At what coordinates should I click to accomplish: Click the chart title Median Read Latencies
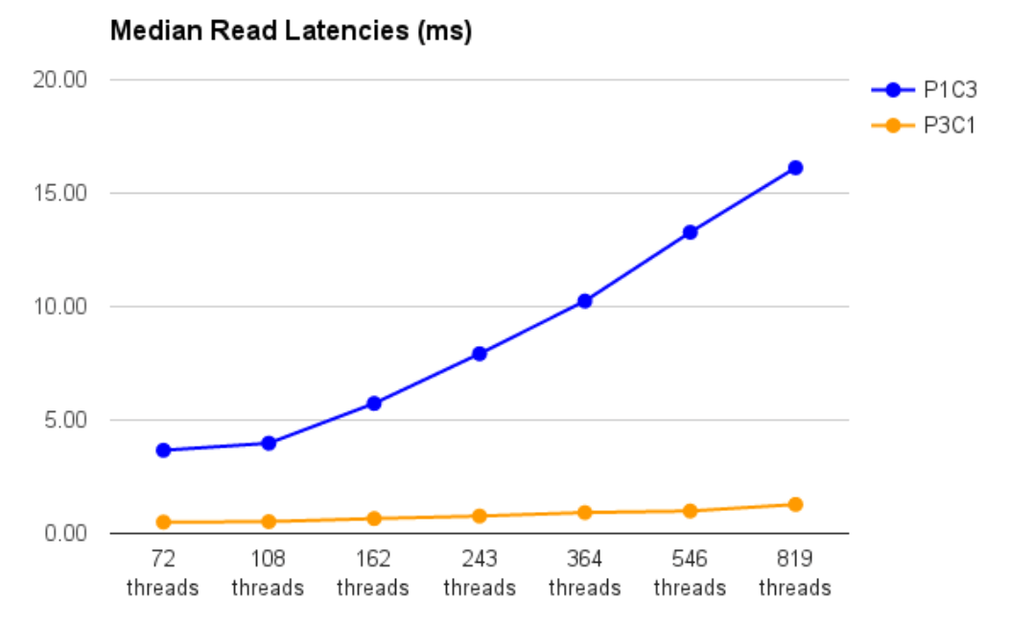(x=292, y=32)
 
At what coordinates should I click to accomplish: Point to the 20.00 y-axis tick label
(x=59, y=80)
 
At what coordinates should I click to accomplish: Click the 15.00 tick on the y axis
(x=59, y=193)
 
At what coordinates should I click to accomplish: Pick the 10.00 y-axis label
(x=59, y=307)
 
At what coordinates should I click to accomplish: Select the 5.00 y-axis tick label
(x=64, y=420)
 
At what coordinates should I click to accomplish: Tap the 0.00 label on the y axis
(x=64, y=533)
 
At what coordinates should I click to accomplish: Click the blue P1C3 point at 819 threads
(x=795, y=168)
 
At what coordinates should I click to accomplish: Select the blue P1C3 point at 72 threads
(x=163, y=450)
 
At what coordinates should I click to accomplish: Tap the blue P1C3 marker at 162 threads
(x=374, y=404)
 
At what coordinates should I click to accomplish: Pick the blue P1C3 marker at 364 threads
(x=585, y=301)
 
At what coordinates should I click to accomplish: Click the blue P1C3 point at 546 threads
(x=690, y=232)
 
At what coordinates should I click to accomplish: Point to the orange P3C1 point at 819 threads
(x=795, y=504)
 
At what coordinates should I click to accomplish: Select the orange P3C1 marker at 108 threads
(x=269, y=521)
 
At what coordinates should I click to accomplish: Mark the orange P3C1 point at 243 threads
(x=480, y=516)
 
